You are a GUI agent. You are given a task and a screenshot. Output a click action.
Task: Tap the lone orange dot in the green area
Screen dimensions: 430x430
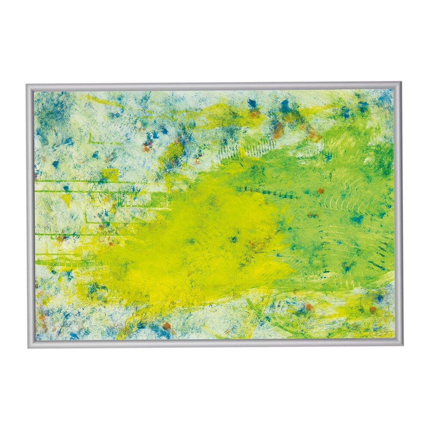[321, 190]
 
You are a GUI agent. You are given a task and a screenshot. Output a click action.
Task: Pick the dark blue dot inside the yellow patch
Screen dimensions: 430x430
[234, 239]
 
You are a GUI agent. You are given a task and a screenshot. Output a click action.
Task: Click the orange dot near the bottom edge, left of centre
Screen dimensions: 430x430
[167, 326]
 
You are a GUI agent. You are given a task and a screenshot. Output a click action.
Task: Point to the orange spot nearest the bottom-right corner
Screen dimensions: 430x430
[372, 309]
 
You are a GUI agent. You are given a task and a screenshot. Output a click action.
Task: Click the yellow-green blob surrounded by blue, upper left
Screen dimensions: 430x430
[172, 153]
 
